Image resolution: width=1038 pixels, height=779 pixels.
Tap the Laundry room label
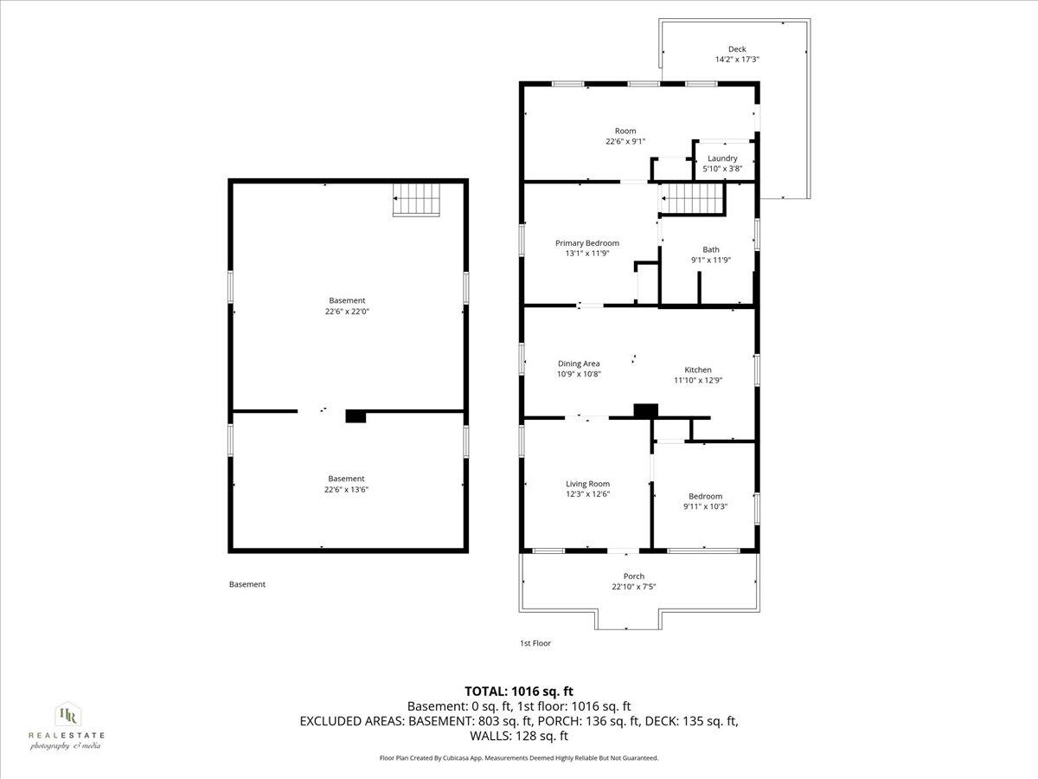(x=722, y=158)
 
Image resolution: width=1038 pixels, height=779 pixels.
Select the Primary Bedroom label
(x=586, y=243)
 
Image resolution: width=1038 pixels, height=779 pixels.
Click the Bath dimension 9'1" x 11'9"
(x=710, y=260)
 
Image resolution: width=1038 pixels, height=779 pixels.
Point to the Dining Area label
(x=578, y=364)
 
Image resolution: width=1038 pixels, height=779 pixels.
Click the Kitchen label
(x=697, y=370)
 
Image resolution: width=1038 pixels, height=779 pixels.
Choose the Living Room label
(x=587, y=484)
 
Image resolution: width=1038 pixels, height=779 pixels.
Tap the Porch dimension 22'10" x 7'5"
(x=634, y=587)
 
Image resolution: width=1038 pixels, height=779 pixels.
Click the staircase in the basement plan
(x=418, y=200)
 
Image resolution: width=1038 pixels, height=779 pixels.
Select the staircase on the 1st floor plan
(x=692, y=199)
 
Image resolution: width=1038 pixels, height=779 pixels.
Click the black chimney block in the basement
(x=356, y=416)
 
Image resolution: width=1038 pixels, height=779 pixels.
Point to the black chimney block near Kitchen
(x=645, y=411)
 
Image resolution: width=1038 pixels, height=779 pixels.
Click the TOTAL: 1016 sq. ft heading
(x=519, y=691)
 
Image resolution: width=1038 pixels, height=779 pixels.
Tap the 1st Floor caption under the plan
(x=535, y=643)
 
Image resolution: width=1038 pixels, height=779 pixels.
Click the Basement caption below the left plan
(x=247, y=584)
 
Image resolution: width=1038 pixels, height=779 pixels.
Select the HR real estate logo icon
(x=66, y=715)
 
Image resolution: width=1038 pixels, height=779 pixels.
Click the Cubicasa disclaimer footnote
(x=519, y=758)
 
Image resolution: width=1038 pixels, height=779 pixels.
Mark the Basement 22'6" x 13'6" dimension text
(x=346, y=489)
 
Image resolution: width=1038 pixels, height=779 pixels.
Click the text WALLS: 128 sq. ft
(x=519, y=737)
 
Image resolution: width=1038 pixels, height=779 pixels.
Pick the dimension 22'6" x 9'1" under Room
(x=625, y=141)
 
